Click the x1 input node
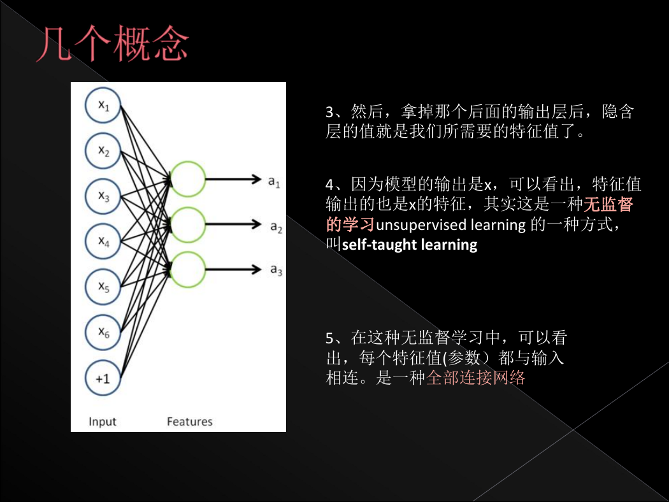point(103,105)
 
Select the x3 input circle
point(103,196)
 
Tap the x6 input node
point(103,333)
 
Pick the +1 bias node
point(103,378)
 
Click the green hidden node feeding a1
point(188,179)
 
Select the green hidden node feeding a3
point(188,269)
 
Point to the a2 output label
point(276,227)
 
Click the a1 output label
point(274,182)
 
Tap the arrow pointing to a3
point(233,269)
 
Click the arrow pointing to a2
point(233,224)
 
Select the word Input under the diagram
point(103,422)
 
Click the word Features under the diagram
point(189,421)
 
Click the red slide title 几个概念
point(113,43)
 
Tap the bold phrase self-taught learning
point(410,245)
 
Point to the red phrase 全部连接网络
point(476,378)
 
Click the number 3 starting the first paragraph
point(329,112)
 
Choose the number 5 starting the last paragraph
point(329,338)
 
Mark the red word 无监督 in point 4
point(608,204)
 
